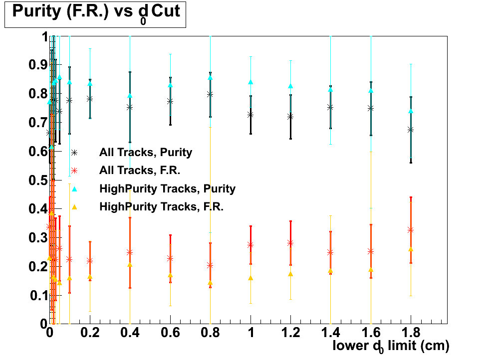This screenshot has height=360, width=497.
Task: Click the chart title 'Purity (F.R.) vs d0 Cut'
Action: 95,12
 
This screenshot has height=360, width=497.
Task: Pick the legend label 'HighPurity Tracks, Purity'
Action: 167,188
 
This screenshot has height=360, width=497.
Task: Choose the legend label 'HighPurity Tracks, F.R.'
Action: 161,206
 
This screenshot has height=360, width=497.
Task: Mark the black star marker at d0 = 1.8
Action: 411,130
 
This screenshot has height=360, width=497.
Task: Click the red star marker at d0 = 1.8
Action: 411,230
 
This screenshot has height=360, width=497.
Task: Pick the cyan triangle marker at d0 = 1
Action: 250,82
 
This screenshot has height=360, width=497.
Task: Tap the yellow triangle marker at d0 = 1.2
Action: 290,274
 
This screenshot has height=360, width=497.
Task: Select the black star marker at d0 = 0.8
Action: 210,94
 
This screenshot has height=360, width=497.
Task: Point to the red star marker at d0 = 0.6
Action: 170,258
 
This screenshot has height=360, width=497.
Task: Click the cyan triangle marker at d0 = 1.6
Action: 371,91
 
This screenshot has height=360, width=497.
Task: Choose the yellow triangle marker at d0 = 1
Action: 250,278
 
